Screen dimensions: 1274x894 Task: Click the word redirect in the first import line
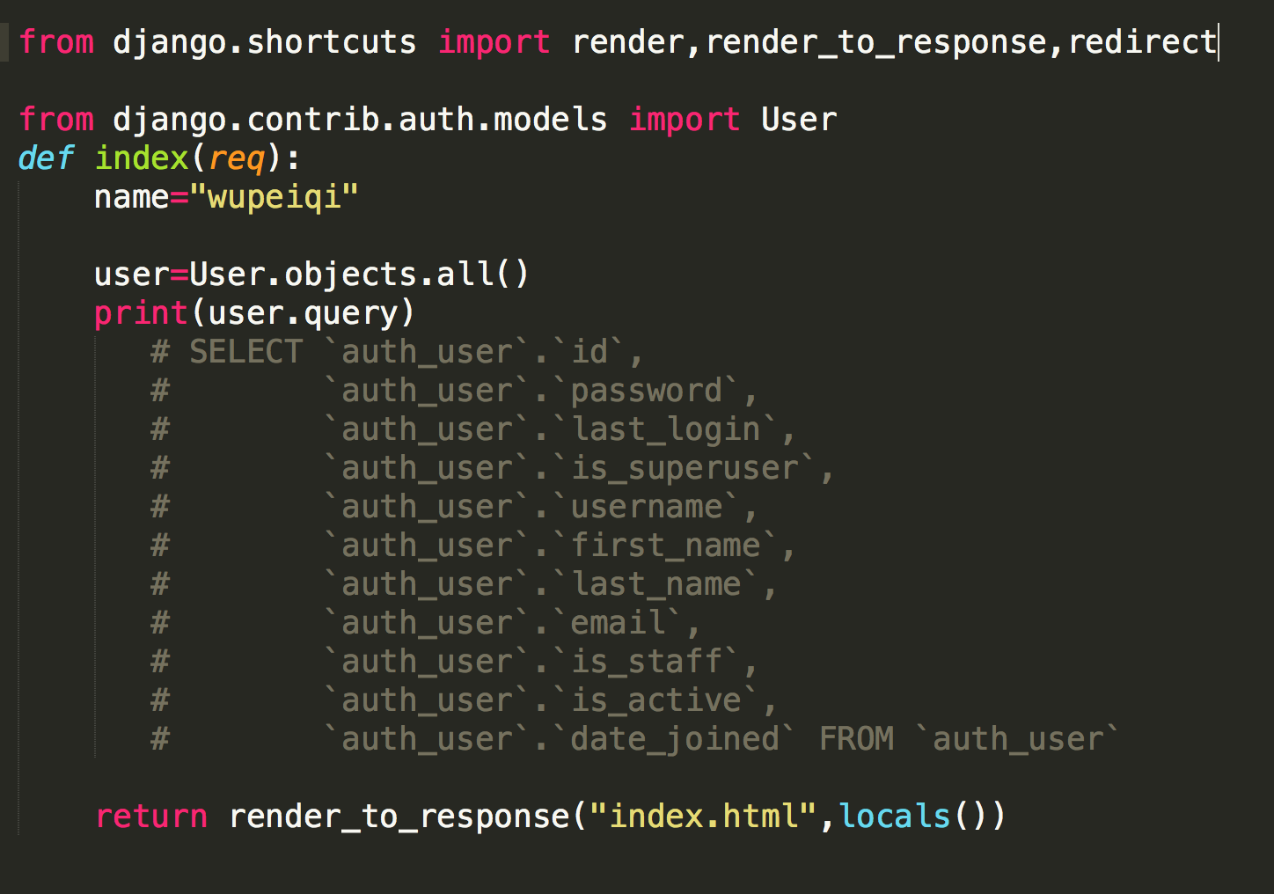tap(1142, 42)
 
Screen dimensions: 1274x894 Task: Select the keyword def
tap(46, 158)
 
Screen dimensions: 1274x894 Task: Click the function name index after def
tap(142, 158)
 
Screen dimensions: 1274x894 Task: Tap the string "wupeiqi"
tap(275, 197)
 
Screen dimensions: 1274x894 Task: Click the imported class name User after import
tap(799, 120)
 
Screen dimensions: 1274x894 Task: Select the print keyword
tap(141, 313)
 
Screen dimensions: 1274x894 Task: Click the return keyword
tap(151, 817)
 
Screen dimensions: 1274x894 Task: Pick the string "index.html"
tap(703, 816)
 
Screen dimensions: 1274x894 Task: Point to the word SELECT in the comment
tap(245, 351)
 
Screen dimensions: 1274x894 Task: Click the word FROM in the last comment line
tap(857, 739)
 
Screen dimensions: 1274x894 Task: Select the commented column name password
tap(646, 392)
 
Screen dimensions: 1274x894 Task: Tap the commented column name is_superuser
tap(685, 469)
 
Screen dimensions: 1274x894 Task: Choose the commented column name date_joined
tap(675, 740)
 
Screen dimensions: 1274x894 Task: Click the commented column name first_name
tap(665, 546)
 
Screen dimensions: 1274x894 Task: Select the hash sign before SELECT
tap(160, 351)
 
